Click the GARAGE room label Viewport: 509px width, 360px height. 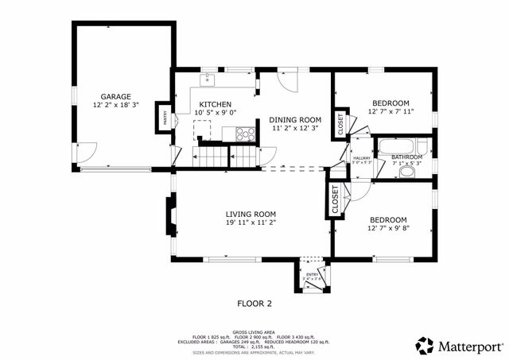pos(115,96)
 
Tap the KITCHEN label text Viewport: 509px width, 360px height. pos(215,104)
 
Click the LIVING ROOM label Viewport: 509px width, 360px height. pos(251,214)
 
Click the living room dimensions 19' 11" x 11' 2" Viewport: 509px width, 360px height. pos(251,223)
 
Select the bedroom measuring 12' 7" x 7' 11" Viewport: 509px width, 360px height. pos(390,103)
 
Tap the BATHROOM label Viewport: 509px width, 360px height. pos(407,157)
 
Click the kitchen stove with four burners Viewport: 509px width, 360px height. pos(247,134)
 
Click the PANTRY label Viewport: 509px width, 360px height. pos(165,118)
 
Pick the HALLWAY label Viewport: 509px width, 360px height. pos(363,157)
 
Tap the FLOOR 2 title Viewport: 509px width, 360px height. pos(254,303)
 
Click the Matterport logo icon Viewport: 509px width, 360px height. pos(425,346)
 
